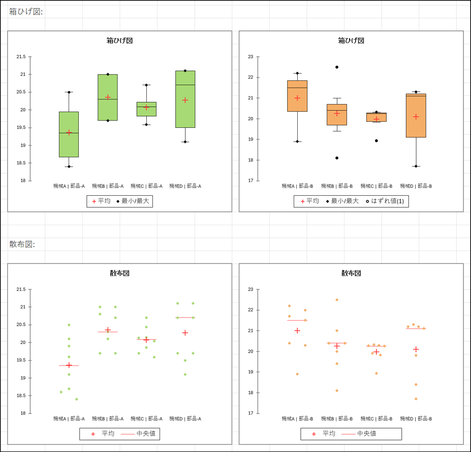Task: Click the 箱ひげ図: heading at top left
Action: [26, 12]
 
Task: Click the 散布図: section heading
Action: [22, 244]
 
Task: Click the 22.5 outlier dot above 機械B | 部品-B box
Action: [337, 67]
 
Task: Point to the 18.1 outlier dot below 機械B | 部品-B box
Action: [337, 158]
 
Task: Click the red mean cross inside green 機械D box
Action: [185, 100]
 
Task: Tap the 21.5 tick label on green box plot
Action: [21, 57]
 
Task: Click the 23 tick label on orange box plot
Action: [250, 57]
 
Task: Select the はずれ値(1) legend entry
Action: [384, 201]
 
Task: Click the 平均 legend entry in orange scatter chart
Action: [324, 434]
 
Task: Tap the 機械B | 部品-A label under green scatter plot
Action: [108, 419]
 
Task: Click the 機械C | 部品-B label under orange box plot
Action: [376, 186]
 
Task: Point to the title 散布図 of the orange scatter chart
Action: [351, 273]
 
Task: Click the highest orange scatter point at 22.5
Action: [337, 300]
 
